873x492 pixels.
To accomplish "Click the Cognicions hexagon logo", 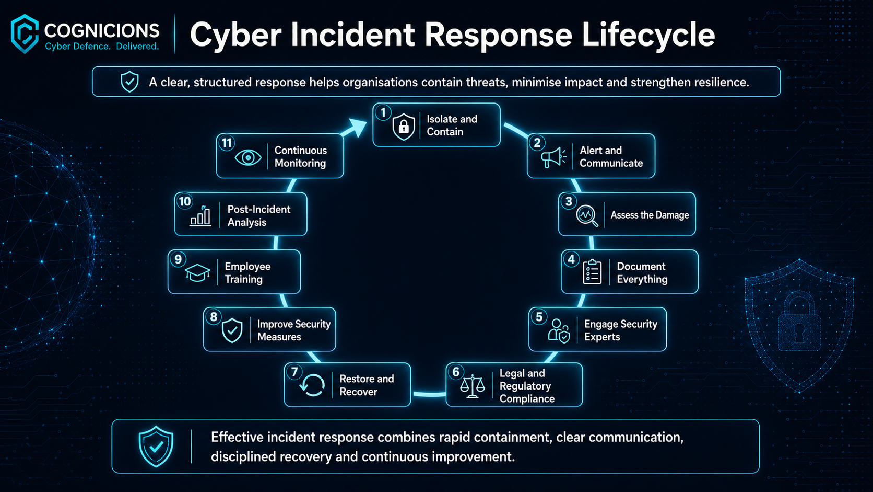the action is (x=25, y=33).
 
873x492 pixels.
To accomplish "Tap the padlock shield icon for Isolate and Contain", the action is (x=404, y=127).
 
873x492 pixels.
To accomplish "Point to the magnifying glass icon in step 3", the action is (x=587, y=215).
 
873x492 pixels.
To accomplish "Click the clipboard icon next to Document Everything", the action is (x=592, y=272).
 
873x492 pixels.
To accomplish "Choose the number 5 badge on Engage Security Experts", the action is (x=539, y=317).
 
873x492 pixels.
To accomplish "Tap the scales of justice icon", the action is (x=473, y=386).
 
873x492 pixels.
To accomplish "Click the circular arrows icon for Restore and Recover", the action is (x=312, y=385).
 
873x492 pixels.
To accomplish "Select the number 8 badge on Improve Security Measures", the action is (x=214, y=316).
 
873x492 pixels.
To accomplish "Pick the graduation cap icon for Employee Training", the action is (x=197, y=273).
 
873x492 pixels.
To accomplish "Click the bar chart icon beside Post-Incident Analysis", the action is (x=200, y=216).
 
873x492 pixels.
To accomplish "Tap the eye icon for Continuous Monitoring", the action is (x=248, y=157).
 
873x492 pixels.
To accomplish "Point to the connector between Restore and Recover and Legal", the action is (x=429, y=394).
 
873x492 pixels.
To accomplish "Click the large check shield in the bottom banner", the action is (x=156, y=447).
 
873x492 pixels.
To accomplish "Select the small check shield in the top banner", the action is (x=129, y=82).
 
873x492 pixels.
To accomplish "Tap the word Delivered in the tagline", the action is (x=137, y=47).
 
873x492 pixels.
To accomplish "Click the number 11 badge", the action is (x=227, y=143).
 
